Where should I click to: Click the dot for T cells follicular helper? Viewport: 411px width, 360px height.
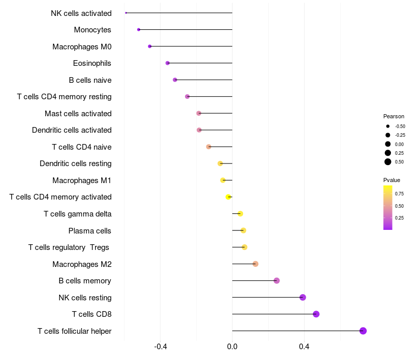363,331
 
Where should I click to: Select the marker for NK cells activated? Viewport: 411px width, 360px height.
126,13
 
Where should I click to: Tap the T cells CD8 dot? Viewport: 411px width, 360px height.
316,314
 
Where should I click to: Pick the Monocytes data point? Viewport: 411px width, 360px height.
139,30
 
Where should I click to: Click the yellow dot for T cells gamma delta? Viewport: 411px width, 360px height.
240,214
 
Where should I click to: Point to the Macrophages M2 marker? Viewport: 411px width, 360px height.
255,264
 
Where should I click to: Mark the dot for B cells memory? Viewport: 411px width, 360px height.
276,281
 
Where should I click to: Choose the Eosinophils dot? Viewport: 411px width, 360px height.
167,63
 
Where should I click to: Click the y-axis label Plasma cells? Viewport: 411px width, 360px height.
90,231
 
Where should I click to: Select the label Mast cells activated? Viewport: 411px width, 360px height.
78,114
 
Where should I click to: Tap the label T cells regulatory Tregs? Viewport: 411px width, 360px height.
69,247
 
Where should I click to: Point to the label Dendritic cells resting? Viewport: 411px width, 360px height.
76,164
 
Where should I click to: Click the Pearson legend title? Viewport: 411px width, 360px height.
394,116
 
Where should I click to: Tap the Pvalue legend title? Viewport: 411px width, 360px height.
391,180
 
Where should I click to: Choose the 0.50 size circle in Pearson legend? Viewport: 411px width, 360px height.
388,162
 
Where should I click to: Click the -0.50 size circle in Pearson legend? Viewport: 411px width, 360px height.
388,126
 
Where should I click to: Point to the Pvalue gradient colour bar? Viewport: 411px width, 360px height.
388,207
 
